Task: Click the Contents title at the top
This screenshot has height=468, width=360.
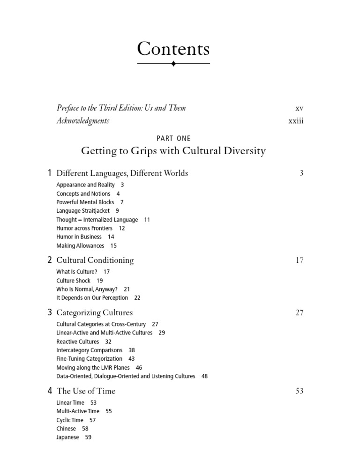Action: pos(173,49)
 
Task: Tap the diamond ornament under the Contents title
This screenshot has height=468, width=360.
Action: pos(173,63)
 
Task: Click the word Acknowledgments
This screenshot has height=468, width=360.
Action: pos(83,121)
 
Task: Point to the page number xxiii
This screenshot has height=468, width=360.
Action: pos(296,121)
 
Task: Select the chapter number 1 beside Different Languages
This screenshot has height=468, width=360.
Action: pos(50,173)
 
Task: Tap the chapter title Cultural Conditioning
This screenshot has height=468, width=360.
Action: pos(95,260)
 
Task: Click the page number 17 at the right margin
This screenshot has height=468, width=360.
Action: pos(300,260)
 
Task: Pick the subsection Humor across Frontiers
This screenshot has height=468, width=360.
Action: pos(84,228)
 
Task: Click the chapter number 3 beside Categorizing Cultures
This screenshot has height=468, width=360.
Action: pos(50,312)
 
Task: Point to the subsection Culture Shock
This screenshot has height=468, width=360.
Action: pos(73,281)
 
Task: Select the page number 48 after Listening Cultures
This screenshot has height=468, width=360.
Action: pos(204,376)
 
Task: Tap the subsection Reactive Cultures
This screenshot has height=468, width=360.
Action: pos(78,342)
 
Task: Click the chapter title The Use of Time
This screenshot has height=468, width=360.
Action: pos(86,391)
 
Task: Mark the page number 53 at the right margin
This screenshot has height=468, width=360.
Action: pos(300,391)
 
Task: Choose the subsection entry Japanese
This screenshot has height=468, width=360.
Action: pos(68,437)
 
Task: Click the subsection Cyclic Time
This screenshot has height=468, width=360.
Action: pos(70,420)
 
